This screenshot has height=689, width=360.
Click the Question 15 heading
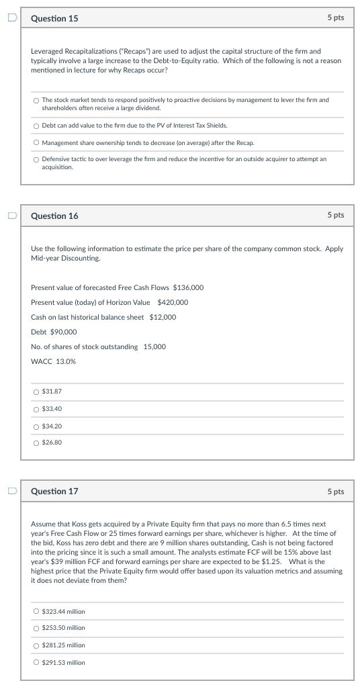54,18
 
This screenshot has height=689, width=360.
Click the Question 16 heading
54,216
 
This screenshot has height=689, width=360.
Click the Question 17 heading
54,491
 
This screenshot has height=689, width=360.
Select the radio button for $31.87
36,392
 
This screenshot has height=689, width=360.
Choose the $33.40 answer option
36,409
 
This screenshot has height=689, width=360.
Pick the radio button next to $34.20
36,426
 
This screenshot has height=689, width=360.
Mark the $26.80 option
36,443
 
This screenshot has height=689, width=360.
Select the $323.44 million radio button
36,612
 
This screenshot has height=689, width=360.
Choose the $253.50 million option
36,628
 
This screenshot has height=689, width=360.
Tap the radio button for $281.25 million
36,645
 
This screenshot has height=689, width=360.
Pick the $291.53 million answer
36,662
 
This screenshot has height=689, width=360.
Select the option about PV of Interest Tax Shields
36,126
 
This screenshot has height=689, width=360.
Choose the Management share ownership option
36,142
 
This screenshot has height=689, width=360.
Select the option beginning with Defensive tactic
36,159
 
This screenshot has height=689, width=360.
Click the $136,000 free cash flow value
188,287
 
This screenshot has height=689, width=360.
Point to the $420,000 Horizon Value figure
173,302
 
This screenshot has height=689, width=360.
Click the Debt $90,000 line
54,332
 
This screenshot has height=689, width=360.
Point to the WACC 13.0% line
53,361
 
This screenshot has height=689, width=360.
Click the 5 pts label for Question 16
335,215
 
